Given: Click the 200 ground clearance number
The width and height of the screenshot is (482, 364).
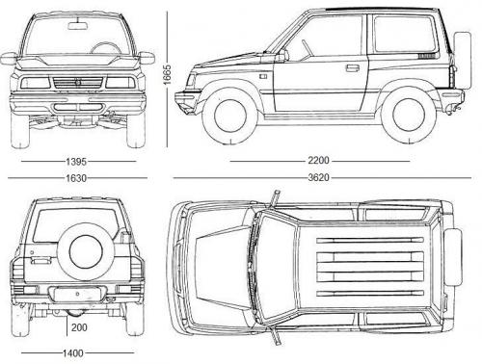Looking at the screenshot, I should (79, 328).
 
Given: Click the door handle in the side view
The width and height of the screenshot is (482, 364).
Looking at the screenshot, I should (353, 68).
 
